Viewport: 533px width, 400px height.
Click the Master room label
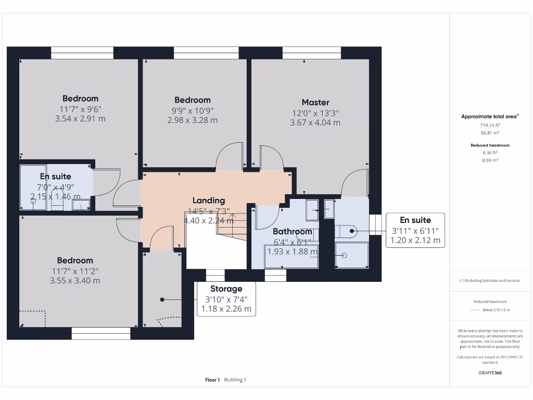click(315, 102)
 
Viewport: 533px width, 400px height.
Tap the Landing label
click(209, 200)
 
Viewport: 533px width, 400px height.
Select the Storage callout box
click(226, 299)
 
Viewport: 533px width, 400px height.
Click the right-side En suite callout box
click(415, 230)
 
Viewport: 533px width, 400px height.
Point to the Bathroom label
click(293, 231)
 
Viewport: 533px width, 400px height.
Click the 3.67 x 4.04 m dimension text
click(315, 122)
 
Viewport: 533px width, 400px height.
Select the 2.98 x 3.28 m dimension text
click(192, 120)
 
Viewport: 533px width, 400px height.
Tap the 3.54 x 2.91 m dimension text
click(80, 118)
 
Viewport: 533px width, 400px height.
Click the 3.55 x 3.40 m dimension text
click(75, 280)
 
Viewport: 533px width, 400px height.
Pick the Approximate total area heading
click(489, 117)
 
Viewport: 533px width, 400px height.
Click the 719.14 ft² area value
click(490, 126)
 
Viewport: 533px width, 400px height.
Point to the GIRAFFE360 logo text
click(490, 373)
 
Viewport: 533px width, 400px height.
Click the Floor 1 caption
click(212, 380)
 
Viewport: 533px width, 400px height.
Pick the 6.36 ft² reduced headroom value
click(490, 153)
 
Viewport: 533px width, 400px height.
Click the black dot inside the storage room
click(162, 299)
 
